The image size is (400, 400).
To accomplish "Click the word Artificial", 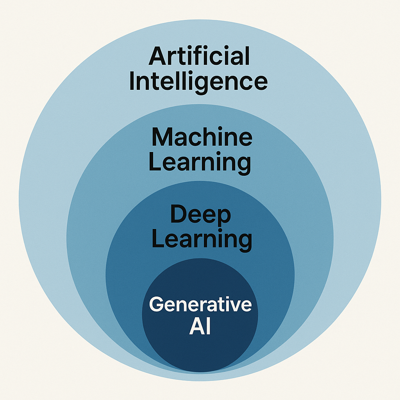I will click(x=199, y=56).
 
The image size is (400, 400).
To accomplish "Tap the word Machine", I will click(x=202, y=137).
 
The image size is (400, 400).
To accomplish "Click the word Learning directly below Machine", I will click(x=200, y=162).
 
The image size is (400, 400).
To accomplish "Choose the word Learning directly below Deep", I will click(x=202, y=239).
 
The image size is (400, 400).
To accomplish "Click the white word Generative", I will click(x=200, y=305).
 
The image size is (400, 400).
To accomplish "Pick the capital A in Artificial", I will click(x=158, y=56).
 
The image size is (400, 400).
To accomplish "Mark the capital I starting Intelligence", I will click(x=132, y=81).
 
